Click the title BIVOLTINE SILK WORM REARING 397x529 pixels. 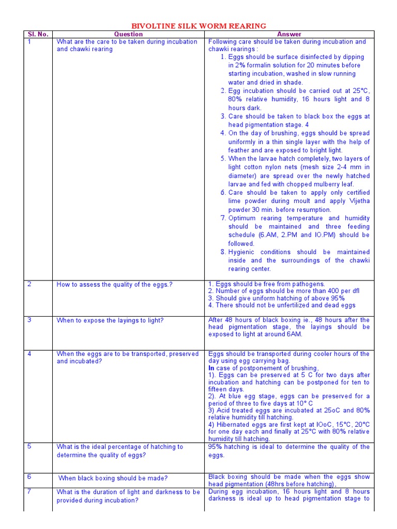[x=199, y=25]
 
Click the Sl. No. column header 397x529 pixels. [x=38, y=34]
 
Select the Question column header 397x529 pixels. [x=128, y=34]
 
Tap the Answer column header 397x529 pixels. [x=289, y=34]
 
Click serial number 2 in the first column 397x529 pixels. [x=29, y=284]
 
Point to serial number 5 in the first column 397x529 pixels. [x=29, y=446]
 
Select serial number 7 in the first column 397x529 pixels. [x=29, y=491]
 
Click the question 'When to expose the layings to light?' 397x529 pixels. [x=110, y=320]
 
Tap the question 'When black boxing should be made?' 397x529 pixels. [x=113, y=478]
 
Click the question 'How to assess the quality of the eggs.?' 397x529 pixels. [x=115, y=285]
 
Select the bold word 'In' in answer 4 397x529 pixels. [x=211, y=368]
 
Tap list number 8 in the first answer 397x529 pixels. [x=223, y=252]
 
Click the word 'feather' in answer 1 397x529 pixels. [x=239, y=150]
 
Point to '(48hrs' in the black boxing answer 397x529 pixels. [x=292, y=484]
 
